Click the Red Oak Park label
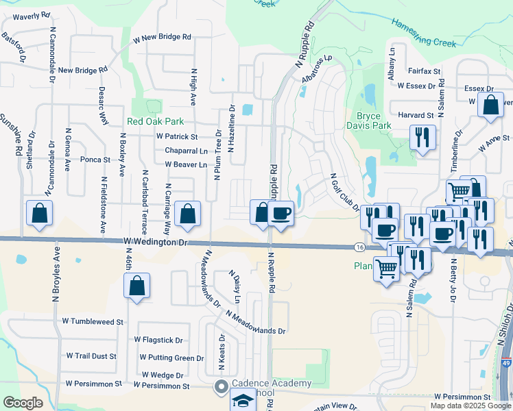(156, 121)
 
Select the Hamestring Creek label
(424, 32)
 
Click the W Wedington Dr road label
(156, 242)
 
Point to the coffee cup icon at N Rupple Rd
(281, 214)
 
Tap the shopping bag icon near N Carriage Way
(187, 214)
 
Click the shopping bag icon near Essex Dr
(491, 106)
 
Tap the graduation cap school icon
(242, 401)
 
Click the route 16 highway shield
(360, 247)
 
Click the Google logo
(22, 403)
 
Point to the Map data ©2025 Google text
(470, 406)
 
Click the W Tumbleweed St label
(93, 321)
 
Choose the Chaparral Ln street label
(186, 151)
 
